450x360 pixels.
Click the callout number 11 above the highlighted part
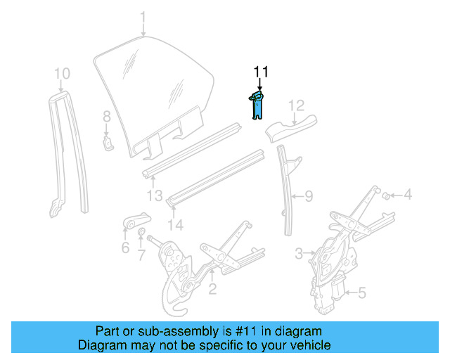[x=261, y=72]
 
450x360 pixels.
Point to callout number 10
[x=62, y=73]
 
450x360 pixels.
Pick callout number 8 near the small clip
[x=107, y=117]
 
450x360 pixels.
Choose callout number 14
[x=176, y=225]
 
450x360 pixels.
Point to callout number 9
[x=308, y=197]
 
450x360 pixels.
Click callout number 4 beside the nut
[x=408, y=195]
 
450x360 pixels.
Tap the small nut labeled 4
[x=386, y=195]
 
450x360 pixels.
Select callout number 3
[x=298, y=252]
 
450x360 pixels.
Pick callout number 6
[x=125, y=247]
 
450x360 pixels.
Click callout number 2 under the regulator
[x=211, y=288]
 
